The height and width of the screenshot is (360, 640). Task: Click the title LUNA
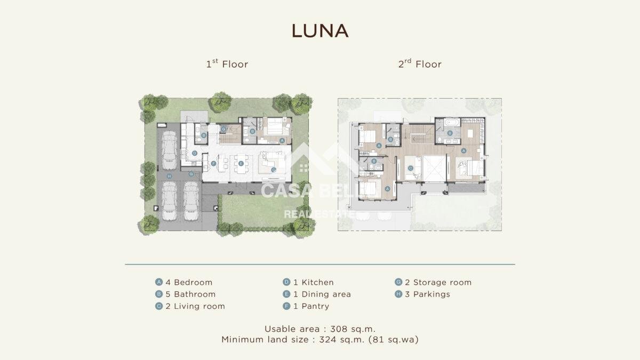click(x=320, y=31)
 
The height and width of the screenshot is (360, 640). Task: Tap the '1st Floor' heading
click(x=227, y=63)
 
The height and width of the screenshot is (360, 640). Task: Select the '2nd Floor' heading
click(x=420, y=63)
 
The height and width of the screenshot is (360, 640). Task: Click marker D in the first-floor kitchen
click(x=195, y=153)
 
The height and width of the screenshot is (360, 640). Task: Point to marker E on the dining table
click(x=241, y=163)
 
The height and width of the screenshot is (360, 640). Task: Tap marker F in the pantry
click(x=213, y=163)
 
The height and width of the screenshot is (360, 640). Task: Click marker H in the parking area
click(x=169, y=177)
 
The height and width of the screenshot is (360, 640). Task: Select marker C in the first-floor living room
click(x=274, y=170)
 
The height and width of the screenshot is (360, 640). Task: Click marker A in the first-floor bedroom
click(x=282, y=141)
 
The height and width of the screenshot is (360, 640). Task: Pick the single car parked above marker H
click(x=169, y=150)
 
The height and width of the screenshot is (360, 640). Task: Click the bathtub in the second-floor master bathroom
click(x=452, y=123)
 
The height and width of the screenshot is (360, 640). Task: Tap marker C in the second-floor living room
click(x=411, y=168)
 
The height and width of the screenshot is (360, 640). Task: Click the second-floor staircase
click(x=419, y=134)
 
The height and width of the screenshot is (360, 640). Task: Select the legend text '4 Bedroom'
click(x=189, y=282)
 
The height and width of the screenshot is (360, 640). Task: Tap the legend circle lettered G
click(x=398, y=282)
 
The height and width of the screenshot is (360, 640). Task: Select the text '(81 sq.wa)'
click(x=394, y=339)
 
